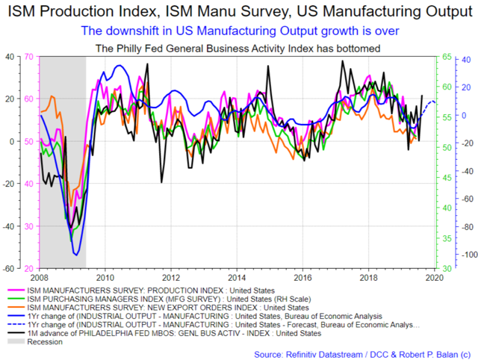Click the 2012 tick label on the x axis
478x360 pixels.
[x=171, y=278]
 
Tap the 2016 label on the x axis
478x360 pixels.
[x=302, y=278]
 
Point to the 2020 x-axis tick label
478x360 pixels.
[x=435, y=278]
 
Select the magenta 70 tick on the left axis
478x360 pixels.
[x=28, y=57]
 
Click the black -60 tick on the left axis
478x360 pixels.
[x=8, y=269]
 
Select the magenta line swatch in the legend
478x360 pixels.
[x=16, y=291]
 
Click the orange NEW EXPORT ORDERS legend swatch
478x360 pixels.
[x=16, y=308]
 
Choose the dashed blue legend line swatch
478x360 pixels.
[x=16, y=325]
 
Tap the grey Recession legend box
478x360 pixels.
[x=16, y=342]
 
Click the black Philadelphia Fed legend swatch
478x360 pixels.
[x=16, y=333]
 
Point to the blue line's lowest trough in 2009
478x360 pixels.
[x=76, y=255]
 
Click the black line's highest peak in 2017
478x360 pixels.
[x=342, y=60]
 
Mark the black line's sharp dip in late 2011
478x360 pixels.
[x=161, y=182]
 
